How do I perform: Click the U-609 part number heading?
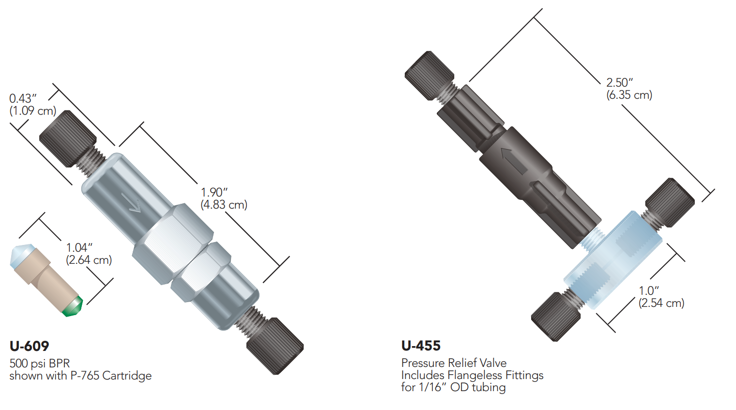29,346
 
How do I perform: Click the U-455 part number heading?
421,346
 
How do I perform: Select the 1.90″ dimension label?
214,192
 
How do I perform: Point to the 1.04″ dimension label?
79,247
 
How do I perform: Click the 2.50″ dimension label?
620,82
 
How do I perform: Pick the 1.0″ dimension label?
649,290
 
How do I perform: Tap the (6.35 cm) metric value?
629,95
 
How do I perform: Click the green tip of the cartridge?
73,306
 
